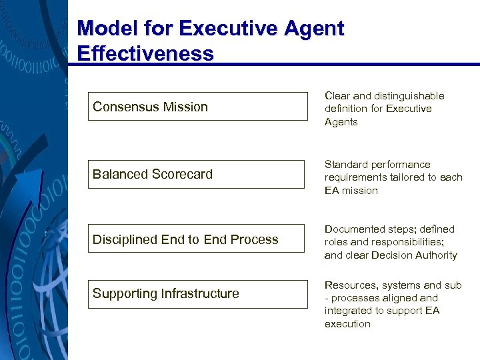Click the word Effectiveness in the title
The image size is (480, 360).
click(x=145, y=53)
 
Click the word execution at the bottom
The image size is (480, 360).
click(x=347, y=324)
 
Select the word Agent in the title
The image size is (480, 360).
click(x=313, y=29)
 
